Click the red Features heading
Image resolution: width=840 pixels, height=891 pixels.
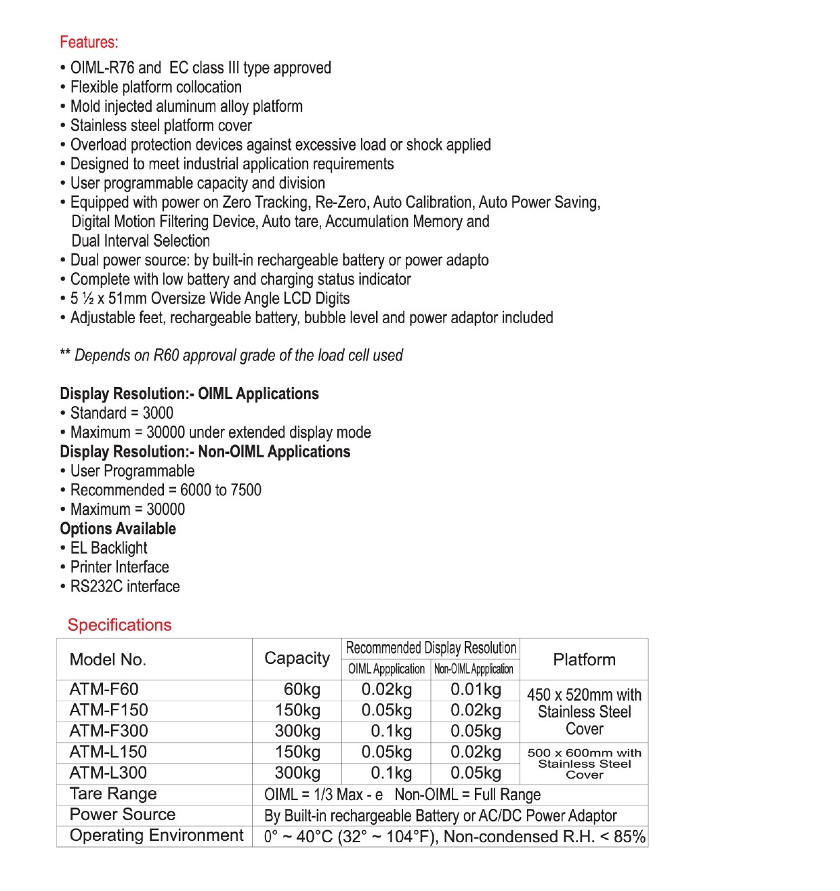pos(89,42)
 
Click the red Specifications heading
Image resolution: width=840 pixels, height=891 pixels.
pos(119,625)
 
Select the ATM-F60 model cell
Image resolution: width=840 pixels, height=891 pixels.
pos(104,690)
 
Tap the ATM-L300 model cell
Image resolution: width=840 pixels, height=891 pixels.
pos(108,773)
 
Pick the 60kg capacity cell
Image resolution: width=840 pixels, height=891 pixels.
pos(302,690)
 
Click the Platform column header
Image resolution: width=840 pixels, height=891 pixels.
pos(584,659)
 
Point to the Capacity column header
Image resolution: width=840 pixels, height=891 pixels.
pos(297,659)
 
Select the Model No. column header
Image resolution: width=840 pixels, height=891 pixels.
pos(108,660)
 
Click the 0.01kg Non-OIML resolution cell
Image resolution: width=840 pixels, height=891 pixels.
pos(476,690)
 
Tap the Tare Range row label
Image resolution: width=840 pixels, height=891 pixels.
pos(113,793)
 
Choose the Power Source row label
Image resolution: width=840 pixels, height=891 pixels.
pos(123,814)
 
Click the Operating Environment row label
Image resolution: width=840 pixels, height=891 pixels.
pos(156,835)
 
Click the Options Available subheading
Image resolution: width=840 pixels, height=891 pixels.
pos(118,529)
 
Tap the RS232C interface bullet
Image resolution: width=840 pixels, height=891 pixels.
pos(125,586)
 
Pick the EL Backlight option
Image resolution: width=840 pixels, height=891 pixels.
pos(108,547)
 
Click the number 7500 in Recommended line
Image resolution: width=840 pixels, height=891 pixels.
pos(245,490)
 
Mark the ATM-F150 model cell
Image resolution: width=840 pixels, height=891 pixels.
pos(108,710)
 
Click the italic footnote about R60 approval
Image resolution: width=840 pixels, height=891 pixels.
pos(238,355)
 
